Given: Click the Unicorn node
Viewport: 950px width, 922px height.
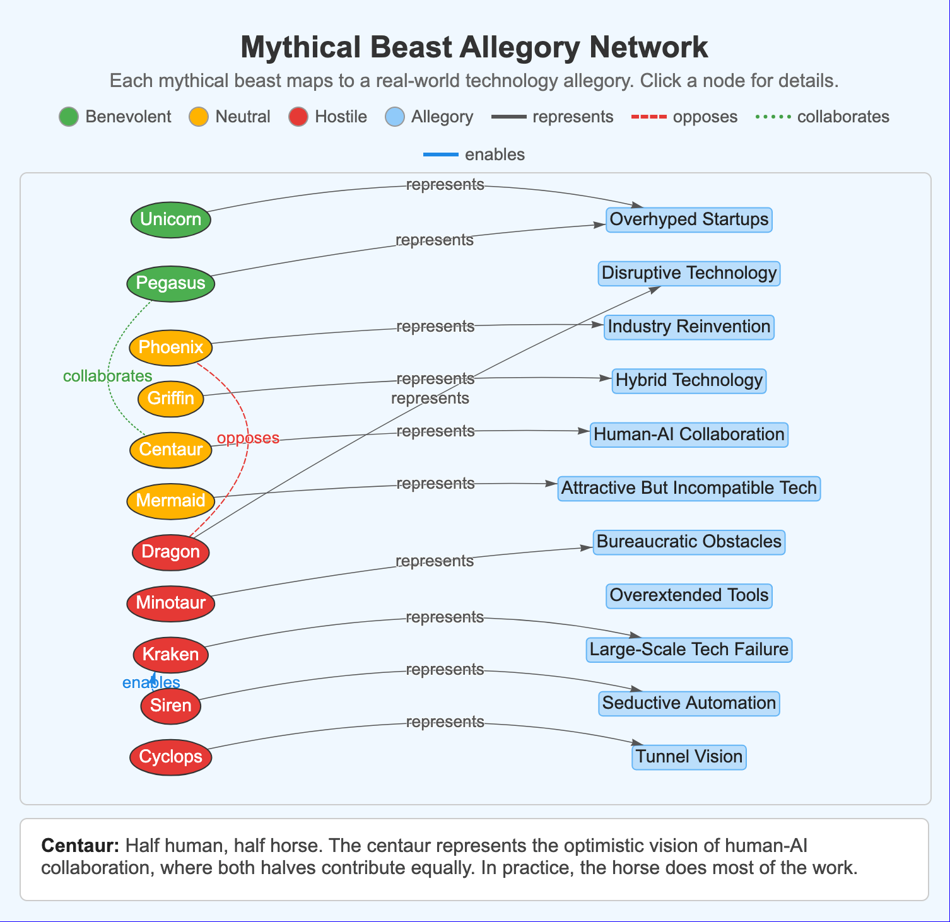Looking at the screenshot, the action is [170, 219].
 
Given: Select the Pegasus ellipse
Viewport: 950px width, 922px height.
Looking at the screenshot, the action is [170, 283].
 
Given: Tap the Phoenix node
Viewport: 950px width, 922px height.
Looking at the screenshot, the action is [170, 347].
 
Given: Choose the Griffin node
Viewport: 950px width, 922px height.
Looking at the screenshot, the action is [170, 399].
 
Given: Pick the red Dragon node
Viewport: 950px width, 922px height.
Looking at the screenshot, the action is [170, 552].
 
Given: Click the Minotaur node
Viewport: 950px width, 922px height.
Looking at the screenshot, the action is [170, 603].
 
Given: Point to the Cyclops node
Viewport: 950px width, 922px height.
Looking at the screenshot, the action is [170, 757].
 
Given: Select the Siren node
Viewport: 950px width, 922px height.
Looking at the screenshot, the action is [170, 706].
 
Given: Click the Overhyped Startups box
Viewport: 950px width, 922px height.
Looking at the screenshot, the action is [689, 219].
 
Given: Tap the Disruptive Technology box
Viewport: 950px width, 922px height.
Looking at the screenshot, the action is [689, 273].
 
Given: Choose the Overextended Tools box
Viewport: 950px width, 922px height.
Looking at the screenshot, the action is [689, 595].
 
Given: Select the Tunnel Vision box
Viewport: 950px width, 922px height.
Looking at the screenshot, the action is [689, 757].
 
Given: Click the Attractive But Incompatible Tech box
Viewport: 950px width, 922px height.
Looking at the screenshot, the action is [689, 488].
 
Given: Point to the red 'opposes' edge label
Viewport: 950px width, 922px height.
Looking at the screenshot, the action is [248, 438].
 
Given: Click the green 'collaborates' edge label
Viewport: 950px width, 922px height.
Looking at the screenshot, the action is [108, 376].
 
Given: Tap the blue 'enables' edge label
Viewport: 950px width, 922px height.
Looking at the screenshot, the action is [151, 683].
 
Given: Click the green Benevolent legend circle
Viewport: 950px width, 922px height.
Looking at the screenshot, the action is [69, 117].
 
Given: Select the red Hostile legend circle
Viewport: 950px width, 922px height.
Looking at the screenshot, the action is [298, 117].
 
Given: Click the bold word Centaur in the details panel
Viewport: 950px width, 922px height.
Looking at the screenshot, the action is [80, 846].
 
